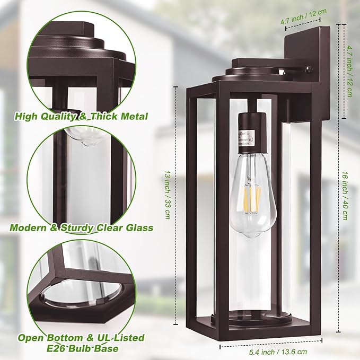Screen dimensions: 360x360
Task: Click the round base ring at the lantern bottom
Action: pos(251,319)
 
